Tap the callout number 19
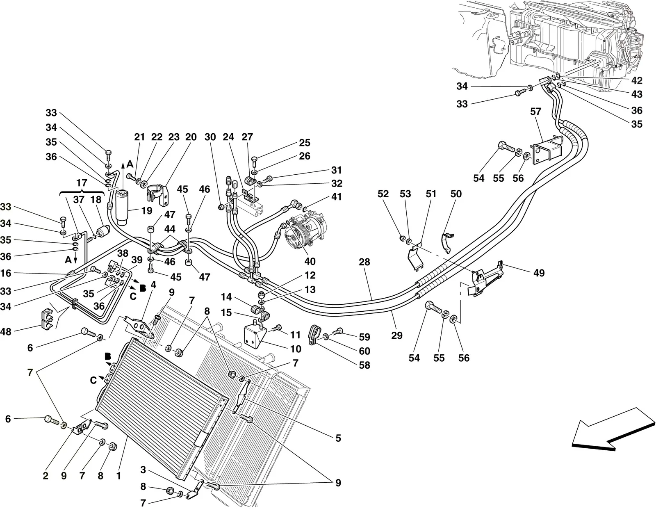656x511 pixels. [x=147, y=211]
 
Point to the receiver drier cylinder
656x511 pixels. [x=122, y=207]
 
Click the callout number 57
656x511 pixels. [x=535, y=112]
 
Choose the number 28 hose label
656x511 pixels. [x=364, y=262]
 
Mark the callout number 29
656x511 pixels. [x=397, y=335]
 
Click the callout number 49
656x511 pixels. [x=539, y=273]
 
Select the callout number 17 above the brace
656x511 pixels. [x=82, y=183]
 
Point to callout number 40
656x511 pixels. [x=310, y=261]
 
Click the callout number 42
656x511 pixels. [x=637, y=80]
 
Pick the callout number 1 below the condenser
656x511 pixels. [x=118, y=476]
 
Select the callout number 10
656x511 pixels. [x=296, y=349]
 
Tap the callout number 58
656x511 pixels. [x=364, y=365]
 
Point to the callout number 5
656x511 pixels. [x=338, y=438]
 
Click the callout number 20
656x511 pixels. [x=191, y=137]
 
